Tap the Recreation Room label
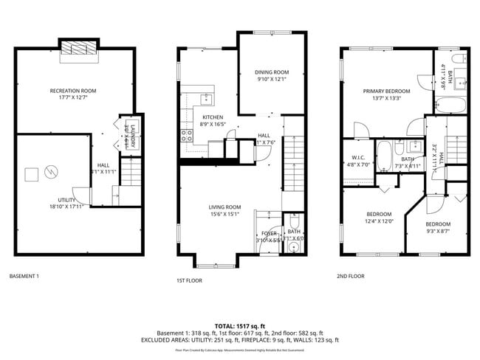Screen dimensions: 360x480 pos(73,91)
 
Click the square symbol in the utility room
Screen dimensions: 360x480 pos(31,174)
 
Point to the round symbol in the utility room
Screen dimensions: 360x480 pos(51,171)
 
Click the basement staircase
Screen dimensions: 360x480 pos(129,174)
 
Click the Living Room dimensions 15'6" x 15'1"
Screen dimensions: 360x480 pos(224,215)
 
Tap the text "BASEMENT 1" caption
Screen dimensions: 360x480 pos(24,277)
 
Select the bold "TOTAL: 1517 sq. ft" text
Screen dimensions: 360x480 pos(240,325)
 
